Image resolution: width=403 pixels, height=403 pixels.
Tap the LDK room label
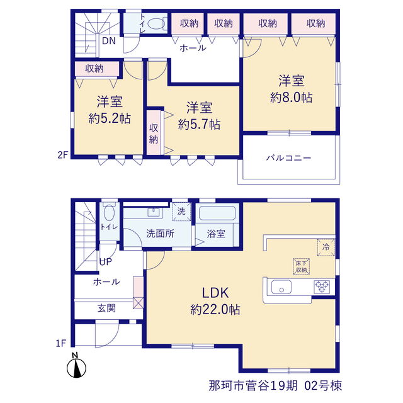coord(215,293)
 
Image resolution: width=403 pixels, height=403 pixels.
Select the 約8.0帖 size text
coord(291,98)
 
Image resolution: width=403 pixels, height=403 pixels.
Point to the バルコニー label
coord(288,157)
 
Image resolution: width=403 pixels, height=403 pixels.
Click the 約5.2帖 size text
coord(110,118)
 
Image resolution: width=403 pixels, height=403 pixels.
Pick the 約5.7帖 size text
coord(199,125)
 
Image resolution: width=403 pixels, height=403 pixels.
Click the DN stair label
coord(109,41)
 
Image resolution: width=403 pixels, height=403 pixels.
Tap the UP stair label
coord(106,262)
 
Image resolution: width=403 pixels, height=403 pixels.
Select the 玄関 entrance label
coord(106,308)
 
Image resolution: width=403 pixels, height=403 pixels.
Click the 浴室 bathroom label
coord(216,234)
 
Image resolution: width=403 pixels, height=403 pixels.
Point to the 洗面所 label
coord(160,234)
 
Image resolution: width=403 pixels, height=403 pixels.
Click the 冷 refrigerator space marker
coord(326,247)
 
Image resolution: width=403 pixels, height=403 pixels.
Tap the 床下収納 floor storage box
coord(301,266)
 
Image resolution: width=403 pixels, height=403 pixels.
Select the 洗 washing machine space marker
coord(181,212)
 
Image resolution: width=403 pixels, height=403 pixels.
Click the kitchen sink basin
coord(281,287)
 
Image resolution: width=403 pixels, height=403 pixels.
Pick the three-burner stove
coord(322,287)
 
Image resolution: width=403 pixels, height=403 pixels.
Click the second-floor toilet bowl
coord(156,24)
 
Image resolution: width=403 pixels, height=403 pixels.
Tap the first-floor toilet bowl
coord(110,213)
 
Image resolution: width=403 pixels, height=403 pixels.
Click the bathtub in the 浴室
coord(217,213)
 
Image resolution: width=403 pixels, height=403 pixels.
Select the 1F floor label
coord(61,343)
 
